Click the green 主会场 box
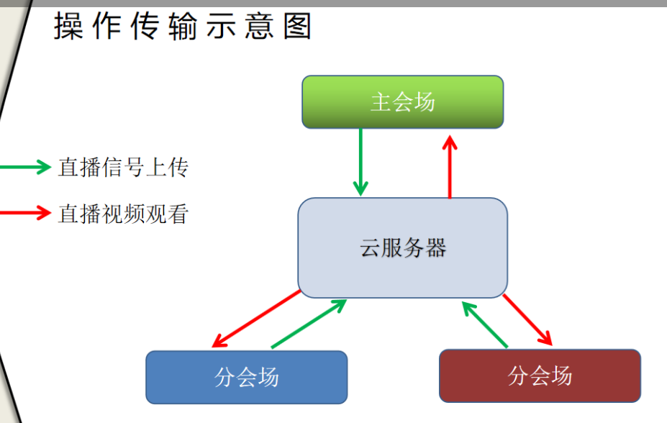coord(403,102)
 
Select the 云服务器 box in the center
coord(403,248)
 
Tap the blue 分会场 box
coord(247,377)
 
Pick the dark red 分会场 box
coord(540,376)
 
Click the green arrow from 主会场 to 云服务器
coord(360,162)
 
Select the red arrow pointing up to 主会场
coord(450,167)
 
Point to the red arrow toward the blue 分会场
coord(256,319)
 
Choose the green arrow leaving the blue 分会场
coord(309,324)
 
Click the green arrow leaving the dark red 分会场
coord(484,324)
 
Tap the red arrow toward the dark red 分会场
coord(527,319)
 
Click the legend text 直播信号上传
coord(123,167)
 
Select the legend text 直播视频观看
coord(123,214)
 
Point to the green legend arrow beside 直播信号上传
coord(25,167)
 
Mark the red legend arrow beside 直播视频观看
coord(25,212)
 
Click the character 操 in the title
coord(68,25)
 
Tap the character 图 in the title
coord(297,25)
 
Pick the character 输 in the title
coord(183,25)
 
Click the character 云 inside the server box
coord(371,248)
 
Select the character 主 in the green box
coord(381,102)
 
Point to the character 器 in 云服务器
coord(436,248)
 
